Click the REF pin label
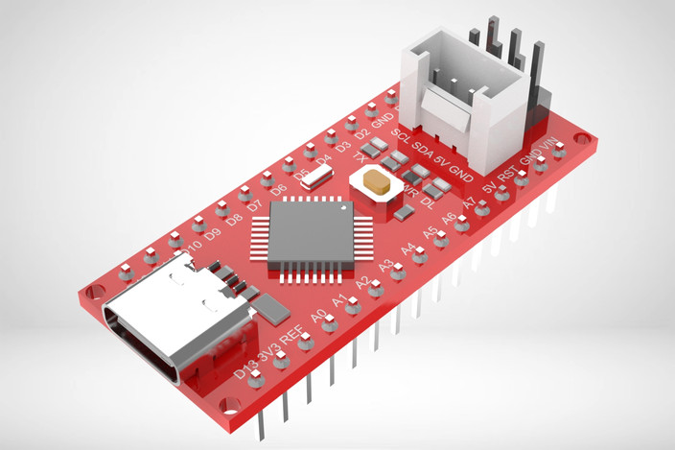[294, 333]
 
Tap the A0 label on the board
[319, 315]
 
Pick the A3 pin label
[385, 267]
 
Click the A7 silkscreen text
[470, 204]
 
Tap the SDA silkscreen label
[422, 150]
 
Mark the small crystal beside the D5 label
[317, 175]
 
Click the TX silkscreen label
[360, 155]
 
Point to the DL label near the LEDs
[428, 202]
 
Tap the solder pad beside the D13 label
[256, 379]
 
